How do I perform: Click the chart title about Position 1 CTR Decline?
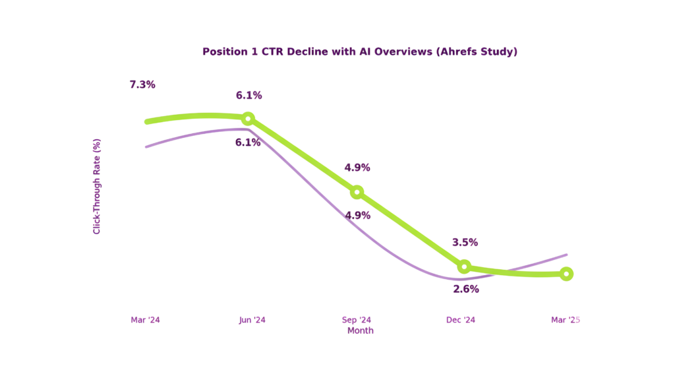[359, 51]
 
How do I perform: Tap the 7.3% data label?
[142, 84]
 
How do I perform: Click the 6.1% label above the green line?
[249, 95]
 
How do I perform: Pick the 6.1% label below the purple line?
[248, 141]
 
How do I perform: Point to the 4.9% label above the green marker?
[357, 168]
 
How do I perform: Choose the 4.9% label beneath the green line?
[358, 215]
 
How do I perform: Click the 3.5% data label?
[465, 242]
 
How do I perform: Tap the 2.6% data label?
[466, 289]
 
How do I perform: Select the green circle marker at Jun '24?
[248, 119]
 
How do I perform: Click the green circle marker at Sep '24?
[357, 192]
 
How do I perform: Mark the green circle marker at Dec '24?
[464, 267]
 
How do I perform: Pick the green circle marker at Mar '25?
[566, 274]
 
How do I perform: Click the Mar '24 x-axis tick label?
[145, 320]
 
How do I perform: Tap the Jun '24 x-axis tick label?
[252, 320]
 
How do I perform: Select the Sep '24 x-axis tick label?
[357, 320]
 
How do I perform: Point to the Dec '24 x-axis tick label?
[461, 320]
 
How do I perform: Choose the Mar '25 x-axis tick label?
[566, 320]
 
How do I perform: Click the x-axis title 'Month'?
[361, 331]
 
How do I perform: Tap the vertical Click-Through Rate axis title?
[97, 186]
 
